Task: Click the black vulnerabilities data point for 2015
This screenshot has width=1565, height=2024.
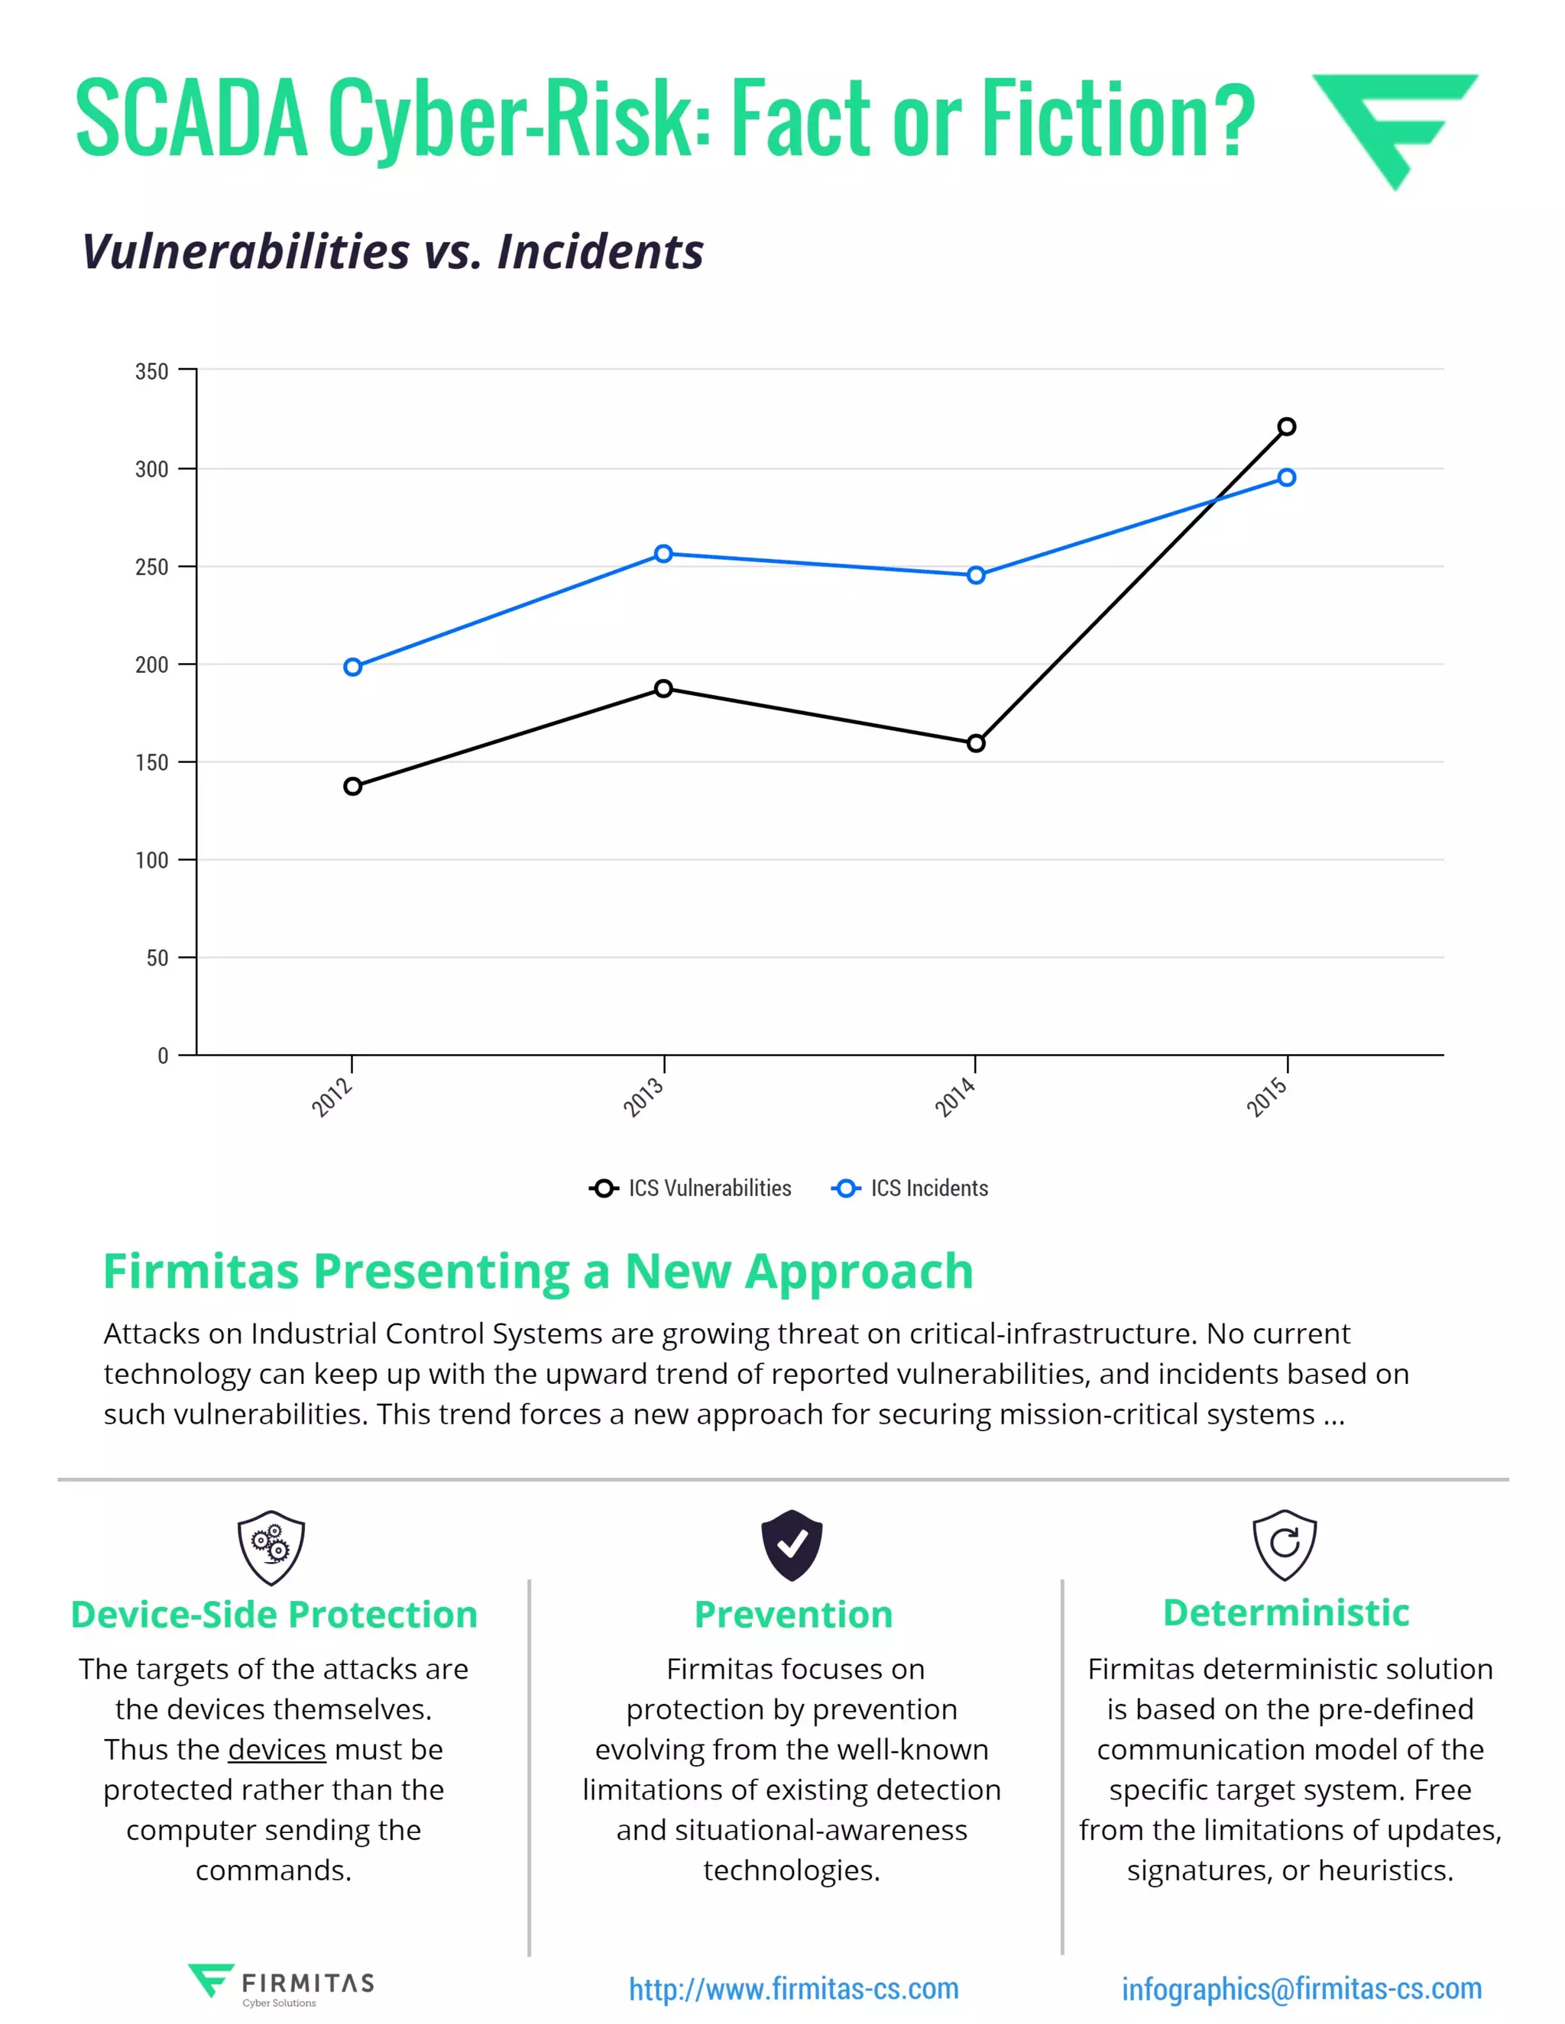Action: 1286,426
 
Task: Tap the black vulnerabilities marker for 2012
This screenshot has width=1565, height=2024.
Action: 352,786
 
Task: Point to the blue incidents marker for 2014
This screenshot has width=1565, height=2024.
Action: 975,576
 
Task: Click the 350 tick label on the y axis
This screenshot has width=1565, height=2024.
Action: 152,372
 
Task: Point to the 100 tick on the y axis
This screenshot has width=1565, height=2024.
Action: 152,861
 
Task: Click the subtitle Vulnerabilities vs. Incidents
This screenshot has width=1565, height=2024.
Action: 392,251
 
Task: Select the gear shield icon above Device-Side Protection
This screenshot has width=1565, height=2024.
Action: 271,1547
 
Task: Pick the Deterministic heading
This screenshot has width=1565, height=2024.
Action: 1286,1613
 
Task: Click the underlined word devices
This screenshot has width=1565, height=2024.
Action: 277,1750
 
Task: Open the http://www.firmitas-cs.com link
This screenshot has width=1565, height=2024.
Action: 794,1989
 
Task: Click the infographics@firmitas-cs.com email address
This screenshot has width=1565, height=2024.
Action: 1301,1989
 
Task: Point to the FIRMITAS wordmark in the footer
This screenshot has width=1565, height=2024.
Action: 308,1984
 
